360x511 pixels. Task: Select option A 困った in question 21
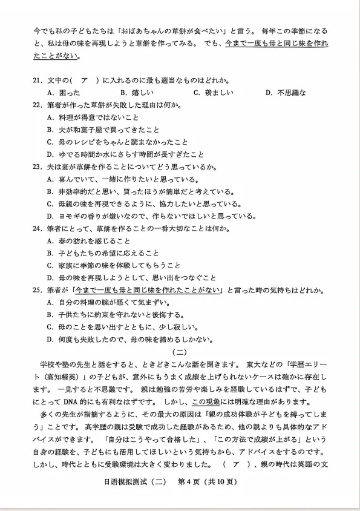click(63, 93)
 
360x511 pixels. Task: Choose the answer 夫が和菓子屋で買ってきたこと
click(103, 130)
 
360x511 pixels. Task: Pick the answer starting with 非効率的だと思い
click(139, 191)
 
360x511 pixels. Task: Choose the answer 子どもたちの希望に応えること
click(103, 253)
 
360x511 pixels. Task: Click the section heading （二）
click(180, 352)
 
